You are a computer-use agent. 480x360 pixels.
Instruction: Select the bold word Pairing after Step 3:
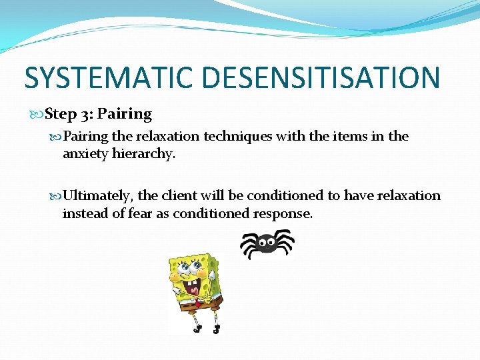125,114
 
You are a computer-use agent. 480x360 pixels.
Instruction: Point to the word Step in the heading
61,114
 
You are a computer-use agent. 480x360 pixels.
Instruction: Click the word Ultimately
99,195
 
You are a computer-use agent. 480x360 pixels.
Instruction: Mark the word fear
141,213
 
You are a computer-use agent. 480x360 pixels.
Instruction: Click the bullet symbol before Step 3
39,115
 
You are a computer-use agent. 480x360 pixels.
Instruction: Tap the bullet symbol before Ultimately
57,196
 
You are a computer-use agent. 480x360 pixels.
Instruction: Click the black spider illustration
267,244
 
